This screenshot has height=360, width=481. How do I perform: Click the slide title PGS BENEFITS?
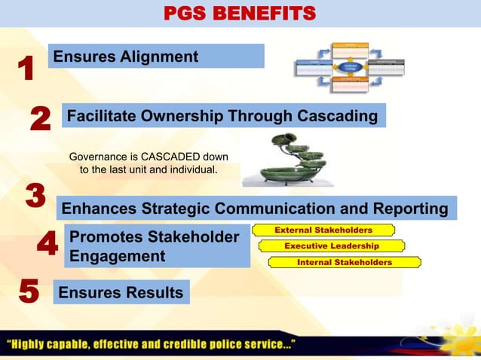tap(240, 13)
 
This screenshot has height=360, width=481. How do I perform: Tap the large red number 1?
tap(26, 69)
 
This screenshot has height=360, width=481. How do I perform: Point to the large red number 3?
tap(35, 195)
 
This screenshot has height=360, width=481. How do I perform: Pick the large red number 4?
tap(47, 245)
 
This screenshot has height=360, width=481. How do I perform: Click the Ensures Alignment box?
tap(156, 56)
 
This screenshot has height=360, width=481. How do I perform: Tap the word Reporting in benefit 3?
tap(413, 208)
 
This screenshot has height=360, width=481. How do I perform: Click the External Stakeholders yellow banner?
tap(323, 230)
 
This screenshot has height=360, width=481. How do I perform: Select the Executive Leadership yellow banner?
tap(331, 246)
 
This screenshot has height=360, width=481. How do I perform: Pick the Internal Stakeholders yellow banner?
tap(344, 262)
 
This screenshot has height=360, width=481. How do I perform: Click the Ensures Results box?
tap(121, 292)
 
